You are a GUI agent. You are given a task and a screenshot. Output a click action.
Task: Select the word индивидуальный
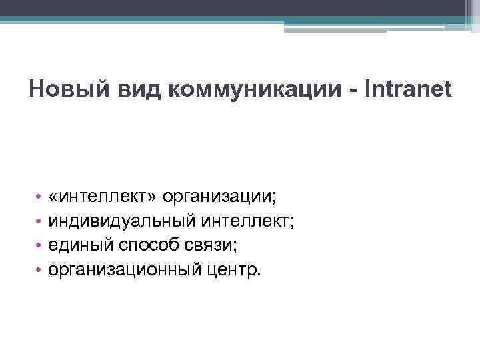point(119,221)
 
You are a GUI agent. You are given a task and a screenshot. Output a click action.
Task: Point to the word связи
point(212,246)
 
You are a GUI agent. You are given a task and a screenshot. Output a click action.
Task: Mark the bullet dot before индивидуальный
point(40,222)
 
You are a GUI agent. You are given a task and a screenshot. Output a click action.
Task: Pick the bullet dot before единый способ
point(40,247)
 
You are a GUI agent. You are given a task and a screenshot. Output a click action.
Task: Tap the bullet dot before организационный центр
point(40,271)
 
